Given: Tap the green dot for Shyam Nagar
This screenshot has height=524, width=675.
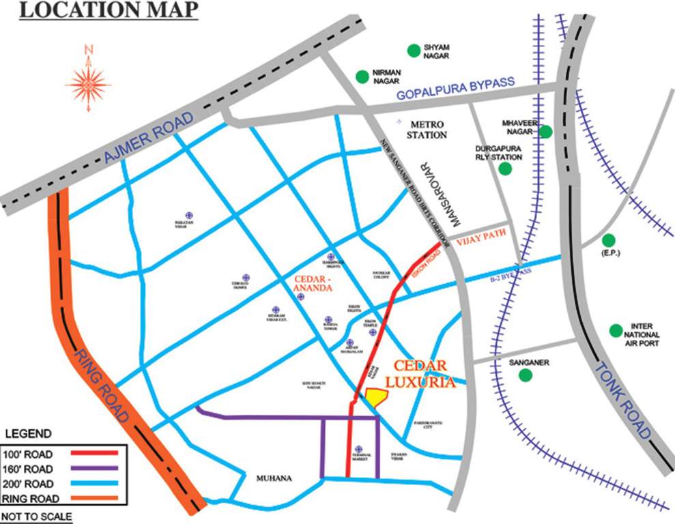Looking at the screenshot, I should pyautogui.click(x=413, y=50).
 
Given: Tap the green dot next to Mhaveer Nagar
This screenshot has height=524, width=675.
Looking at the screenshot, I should pyautogui.click(x=545, y=132).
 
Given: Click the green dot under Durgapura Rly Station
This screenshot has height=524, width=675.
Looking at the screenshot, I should pyautogui.click(x=505, y=169).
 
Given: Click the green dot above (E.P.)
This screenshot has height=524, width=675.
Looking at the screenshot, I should pyautogui.click(x=608, y=240).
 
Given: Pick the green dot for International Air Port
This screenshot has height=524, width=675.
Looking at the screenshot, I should pyautogui.click(x=616, y=330).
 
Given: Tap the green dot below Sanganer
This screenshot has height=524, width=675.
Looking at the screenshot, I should pyautogui.click(x=525, y=375).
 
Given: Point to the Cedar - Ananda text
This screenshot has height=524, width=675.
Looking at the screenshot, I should pyautogui.click(x=313, y=283).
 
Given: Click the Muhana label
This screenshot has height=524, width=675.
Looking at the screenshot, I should pyautogui.click(x=274, y=478).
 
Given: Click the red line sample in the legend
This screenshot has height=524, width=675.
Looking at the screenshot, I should pyautogui.click(x=87, y=453).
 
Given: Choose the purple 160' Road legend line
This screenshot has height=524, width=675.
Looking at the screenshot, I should pyautogui.click(x=87, y=468).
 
